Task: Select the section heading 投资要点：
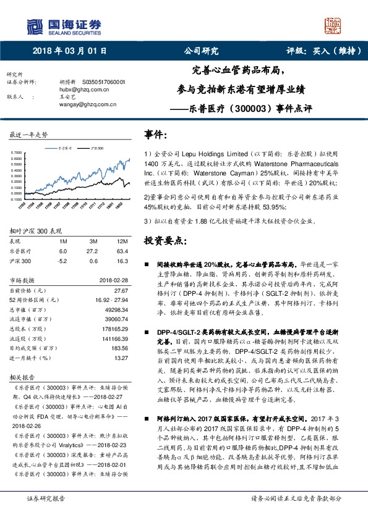click(166, 240)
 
